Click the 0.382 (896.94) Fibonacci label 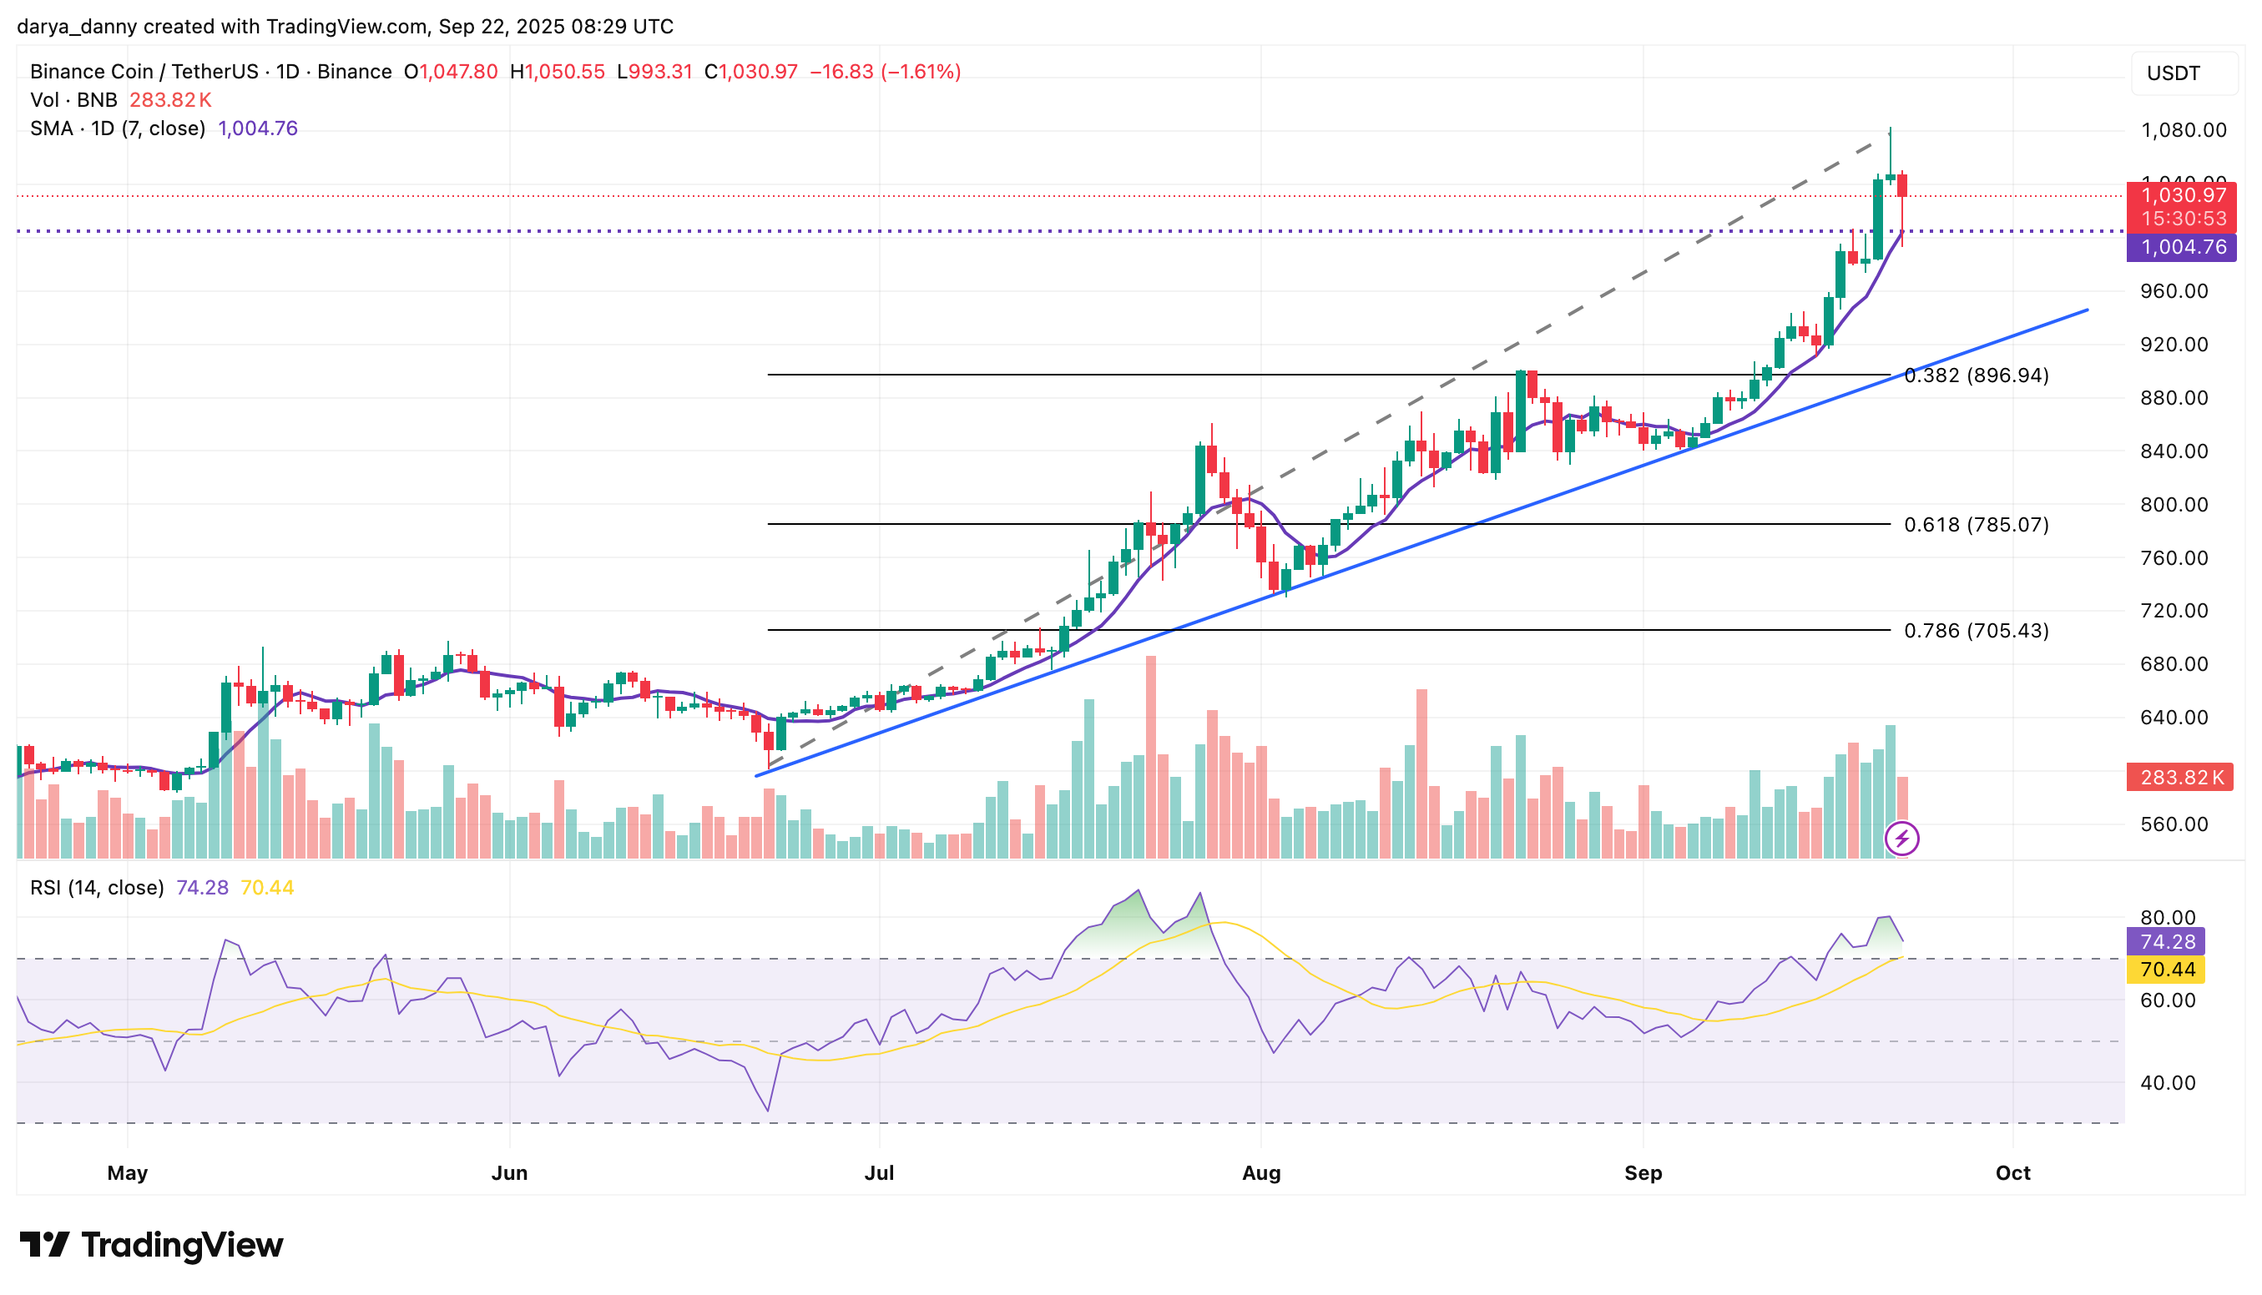point(1976,375)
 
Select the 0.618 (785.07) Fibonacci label point(1976,525)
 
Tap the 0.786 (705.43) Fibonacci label point(1976,631)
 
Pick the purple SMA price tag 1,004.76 point(2182,247)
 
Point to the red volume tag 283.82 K point(2180,778)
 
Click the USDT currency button point(2173,73)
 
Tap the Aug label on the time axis point(1260,1172)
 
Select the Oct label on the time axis point(2012,1172)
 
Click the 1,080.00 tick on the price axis point(2183,130)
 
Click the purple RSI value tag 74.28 point(2168,941)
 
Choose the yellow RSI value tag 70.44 point(2168,970)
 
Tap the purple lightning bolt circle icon point(1901,838)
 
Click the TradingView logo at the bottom point(151,1244)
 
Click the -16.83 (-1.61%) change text point(884,71)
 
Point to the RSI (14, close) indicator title point(97,887)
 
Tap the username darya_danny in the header point(77,27)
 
